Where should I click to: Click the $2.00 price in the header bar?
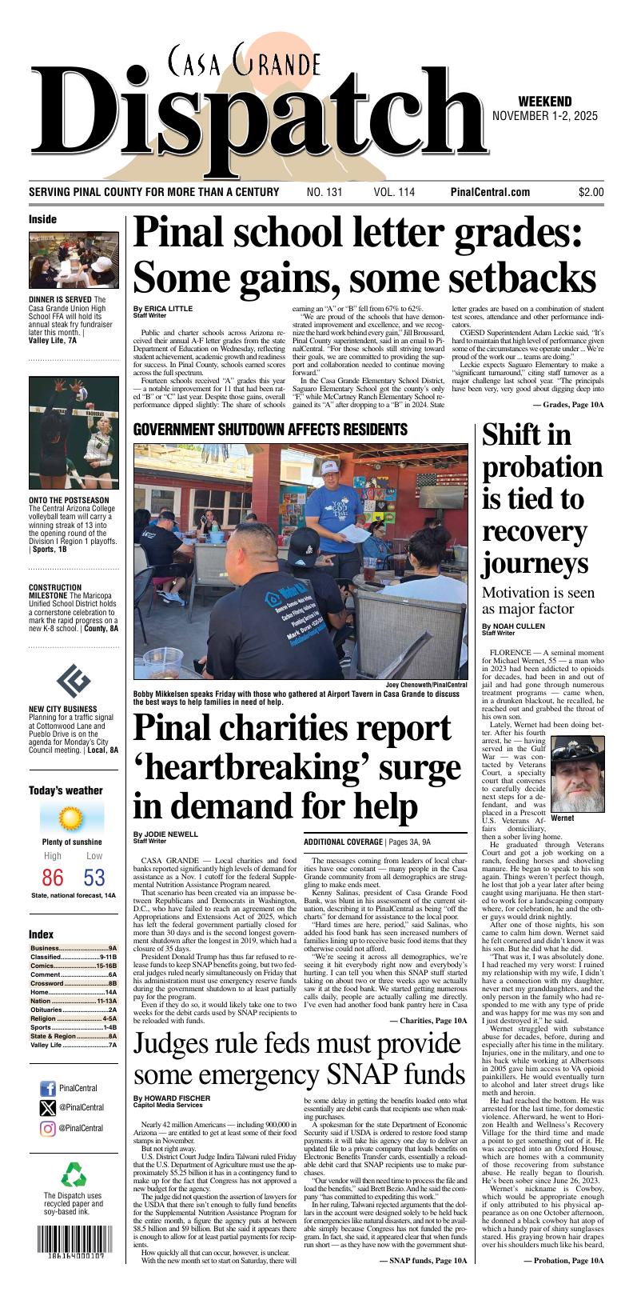[x=591, y=192]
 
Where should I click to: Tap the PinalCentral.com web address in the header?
[x=490, y=192]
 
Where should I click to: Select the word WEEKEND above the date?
[x=544, y=102]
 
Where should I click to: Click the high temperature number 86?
[x=53, y=878]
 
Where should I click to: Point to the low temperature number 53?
[x=94, y=878]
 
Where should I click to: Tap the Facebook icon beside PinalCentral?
[x=47, y=1088]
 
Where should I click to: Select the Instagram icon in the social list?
[x=47, y=1128]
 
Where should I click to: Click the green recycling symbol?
[x=73, y=1175]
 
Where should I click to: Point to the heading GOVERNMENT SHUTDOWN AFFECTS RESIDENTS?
[x=270, y=430]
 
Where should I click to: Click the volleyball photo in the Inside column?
[x=73, y=432]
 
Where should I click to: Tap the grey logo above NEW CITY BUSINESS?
[x=73, y=681]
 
